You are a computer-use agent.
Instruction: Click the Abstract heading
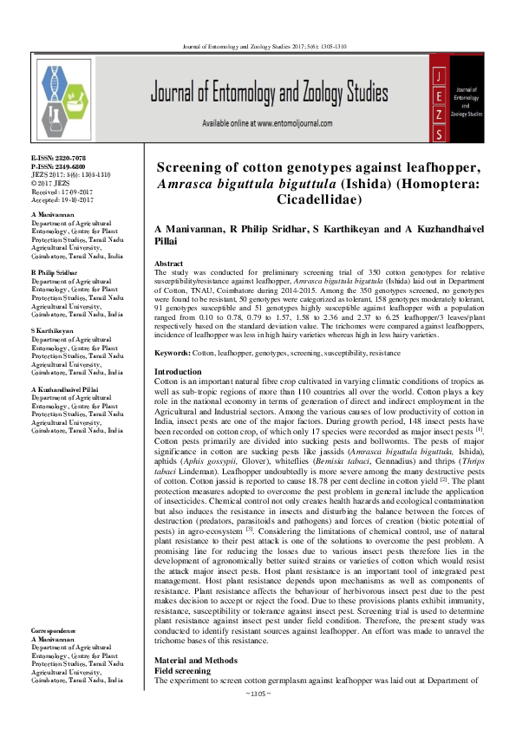pos(168,263)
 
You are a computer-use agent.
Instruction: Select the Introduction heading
pos(178,372)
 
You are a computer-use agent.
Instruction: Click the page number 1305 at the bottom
pos(258,719)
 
